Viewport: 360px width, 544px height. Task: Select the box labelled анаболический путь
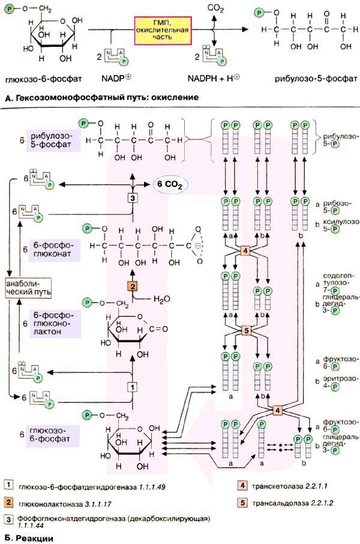pos(26,287)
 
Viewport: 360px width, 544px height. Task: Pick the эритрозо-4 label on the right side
pos(338,382)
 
